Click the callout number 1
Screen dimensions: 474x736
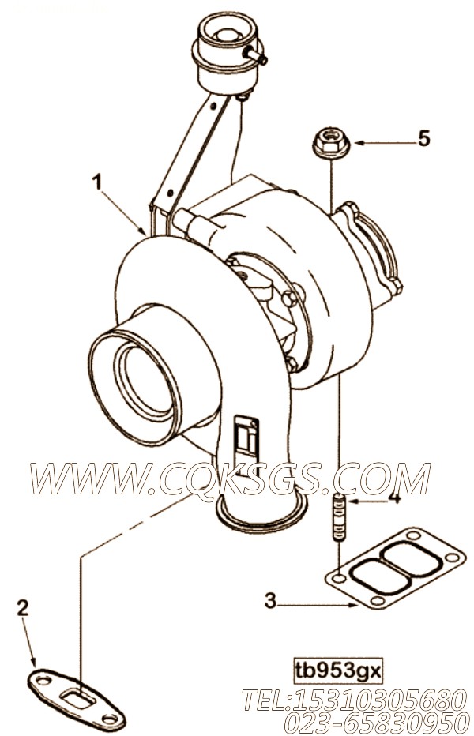tap(97, 182)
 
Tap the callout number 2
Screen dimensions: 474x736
tap(23, 609)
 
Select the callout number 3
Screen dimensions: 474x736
tap(270, 601)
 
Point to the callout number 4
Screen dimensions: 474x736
tap(395, 497)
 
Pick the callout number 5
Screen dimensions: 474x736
tap(424, 138)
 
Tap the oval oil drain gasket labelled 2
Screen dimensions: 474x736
tap(75, 698)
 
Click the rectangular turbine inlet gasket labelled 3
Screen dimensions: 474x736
tap(395, 569)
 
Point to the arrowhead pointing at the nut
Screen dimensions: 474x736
tap(359, 142)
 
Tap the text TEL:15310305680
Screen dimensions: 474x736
tap(355, 700)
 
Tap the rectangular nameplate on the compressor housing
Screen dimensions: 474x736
tap(246, 444)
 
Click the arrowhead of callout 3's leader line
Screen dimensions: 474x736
tap(354, 605)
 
